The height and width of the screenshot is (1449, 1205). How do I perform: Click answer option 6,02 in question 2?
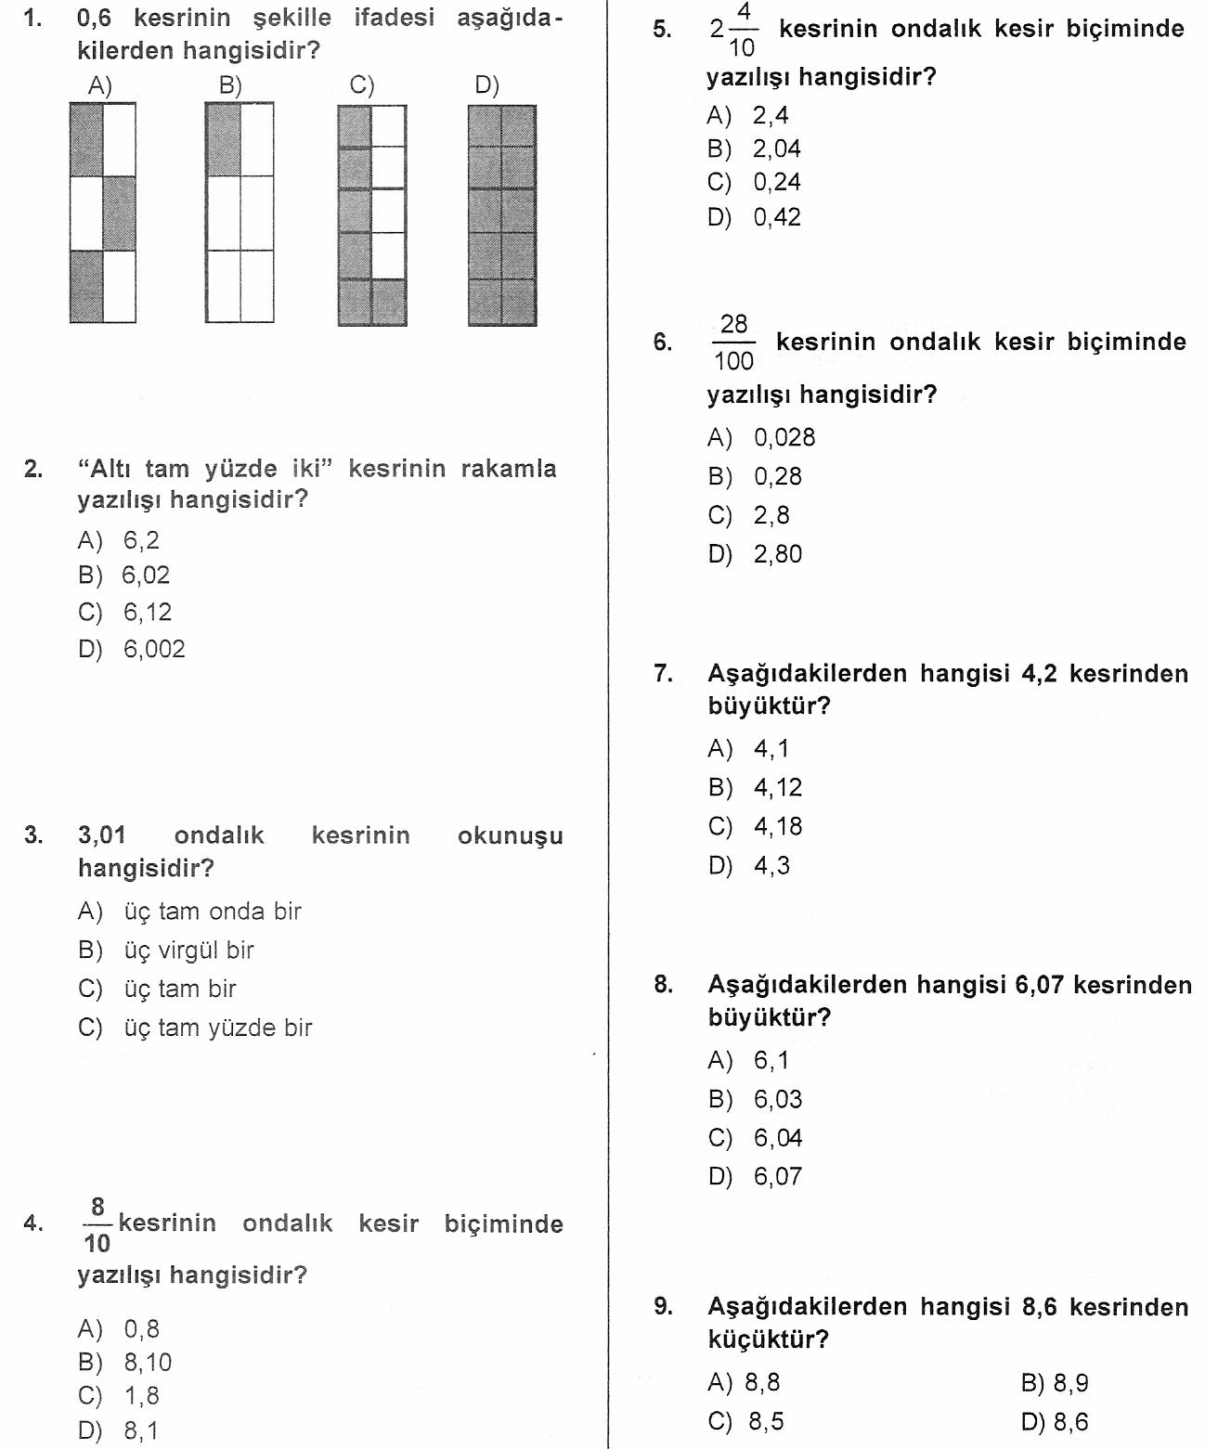146,576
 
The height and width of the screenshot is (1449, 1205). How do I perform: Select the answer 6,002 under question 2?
154,649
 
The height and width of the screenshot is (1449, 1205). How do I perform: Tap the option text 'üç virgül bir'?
188,951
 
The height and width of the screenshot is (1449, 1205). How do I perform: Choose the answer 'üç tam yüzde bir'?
218,1028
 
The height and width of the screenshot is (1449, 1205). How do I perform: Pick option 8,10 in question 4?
148,1363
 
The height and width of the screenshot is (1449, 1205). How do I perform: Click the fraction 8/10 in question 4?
97,1225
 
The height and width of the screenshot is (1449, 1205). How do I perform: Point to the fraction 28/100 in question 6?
733,343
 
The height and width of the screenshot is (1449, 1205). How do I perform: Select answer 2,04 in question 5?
776,149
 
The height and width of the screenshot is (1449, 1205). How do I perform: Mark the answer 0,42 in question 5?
776,217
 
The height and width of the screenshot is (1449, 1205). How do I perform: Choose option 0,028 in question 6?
784,437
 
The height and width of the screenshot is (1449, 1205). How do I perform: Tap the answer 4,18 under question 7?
778,826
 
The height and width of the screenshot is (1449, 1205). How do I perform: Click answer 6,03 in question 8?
778,1099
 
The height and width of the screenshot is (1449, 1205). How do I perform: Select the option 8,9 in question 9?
1070,1383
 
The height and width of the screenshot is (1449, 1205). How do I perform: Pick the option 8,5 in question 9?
765,1421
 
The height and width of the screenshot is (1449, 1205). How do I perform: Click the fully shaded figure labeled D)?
502,214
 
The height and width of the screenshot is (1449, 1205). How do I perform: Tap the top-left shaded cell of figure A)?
86,139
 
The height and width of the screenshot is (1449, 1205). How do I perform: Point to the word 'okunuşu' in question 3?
510,835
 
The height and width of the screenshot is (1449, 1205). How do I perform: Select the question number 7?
663,673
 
